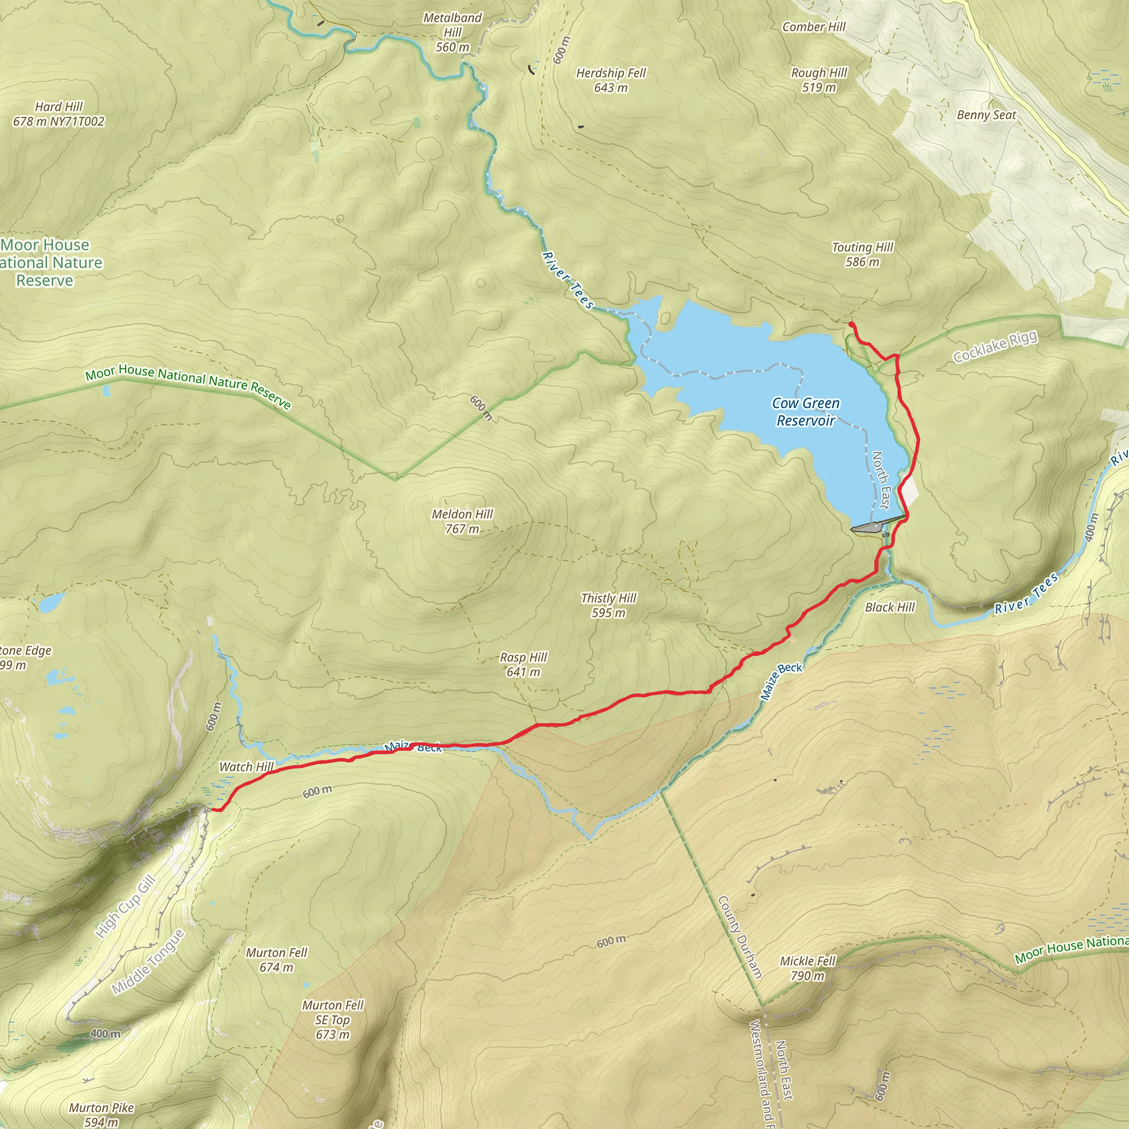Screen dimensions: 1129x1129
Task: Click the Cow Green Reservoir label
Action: click(x=805, y=412)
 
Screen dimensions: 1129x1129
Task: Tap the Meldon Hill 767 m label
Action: click(x=462, y=522)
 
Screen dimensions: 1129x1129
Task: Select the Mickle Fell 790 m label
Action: click(x=808, y=968)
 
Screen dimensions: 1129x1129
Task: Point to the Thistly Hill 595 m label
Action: click(x=609, y=605)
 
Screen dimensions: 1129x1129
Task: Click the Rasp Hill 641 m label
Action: click(x=523, y=664)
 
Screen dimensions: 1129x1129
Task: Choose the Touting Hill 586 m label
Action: click(x=862, y=254)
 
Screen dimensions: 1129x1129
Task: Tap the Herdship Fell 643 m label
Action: click(x=611, y=80)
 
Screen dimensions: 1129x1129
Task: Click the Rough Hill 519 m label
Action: click(x=819, y=80)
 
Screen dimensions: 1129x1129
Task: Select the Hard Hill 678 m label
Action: click(x=58, y=114)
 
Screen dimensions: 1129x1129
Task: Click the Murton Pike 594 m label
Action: click(x=101, y=1114)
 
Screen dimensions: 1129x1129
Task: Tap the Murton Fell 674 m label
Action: click(x=276, y=960)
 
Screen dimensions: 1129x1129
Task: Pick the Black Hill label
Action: click(x=889, y=607)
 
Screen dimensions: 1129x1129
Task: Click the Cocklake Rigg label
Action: click(x=995, y=347)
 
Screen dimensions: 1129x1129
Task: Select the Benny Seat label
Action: click(x=986, y=115)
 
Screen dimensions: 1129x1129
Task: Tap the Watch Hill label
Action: click(x=246, y=767)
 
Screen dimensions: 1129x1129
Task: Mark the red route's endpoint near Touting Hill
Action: click(x=851, y=324)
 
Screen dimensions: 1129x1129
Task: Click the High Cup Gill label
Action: click(x=125, y=906)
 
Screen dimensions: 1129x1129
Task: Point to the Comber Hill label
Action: click(x=814, y=27)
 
